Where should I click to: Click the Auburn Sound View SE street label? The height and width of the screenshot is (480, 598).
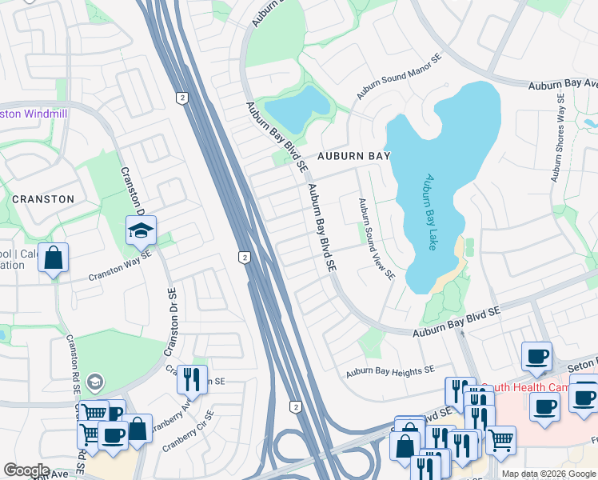pyautogui.click(x=376, y=238)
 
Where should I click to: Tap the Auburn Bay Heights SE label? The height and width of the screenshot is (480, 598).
pyautogui.click(x=389, y=371)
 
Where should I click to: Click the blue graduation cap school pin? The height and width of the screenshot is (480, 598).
pyautogui.click(x=141, y=230)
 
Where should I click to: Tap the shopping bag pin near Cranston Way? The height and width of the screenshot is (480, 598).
pyautogui.click(x=53, y=258)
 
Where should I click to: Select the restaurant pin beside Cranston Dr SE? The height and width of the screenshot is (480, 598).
pyautogui.click(x=192, y=378)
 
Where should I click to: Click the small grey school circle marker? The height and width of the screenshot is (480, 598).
pyautogui.click(x=95, y=382)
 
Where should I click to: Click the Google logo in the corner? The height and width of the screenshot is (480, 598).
pyautogui.click(x=26, y=470)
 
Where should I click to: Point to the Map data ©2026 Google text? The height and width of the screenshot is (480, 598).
pyautogui.click(x=548, y=474)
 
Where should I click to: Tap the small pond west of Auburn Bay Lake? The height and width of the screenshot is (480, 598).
pyautogui.click(x=297, y=110)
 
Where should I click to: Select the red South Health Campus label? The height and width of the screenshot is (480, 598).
pyautogui.click(x=520, y=386)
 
